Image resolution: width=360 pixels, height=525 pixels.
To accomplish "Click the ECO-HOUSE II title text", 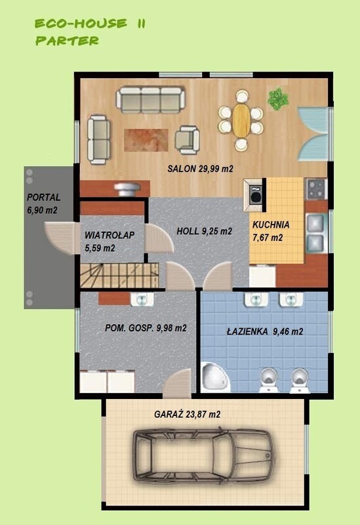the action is click(90, 24).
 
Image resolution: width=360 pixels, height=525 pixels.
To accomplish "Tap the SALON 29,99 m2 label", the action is click(200, 169).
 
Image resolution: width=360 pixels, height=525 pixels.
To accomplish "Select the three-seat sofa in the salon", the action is click(151, 100).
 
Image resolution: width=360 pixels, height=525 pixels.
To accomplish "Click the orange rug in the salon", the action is click(146, 140).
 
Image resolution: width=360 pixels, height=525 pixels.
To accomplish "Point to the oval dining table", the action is click(241, 120).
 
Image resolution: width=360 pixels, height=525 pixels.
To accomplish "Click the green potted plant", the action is click(277, 99).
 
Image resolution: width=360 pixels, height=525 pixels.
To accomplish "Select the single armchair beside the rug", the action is click(188, 140).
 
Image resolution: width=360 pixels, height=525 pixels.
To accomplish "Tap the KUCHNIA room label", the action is click(271, 224).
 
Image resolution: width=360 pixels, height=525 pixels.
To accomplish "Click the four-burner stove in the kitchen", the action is click(315, 189).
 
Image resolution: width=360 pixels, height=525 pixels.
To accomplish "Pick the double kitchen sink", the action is click(315, 233).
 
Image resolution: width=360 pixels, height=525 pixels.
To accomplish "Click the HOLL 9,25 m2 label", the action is click(204, 231).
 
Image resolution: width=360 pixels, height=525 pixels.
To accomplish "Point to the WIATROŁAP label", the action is click(109, 235).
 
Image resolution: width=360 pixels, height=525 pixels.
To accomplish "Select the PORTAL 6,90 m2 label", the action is click(43, 203).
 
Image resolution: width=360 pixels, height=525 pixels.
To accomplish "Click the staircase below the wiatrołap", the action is click(119, 275).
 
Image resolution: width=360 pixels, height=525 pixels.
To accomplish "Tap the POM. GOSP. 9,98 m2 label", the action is click(146, 328).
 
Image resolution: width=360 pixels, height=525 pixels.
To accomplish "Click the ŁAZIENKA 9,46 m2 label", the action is click(265, 331).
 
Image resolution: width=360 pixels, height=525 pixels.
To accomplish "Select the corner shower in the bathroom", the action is click(215, 377).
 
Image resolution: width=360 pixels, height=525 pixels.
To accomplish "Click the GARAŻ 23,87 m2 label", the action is click(187, 414).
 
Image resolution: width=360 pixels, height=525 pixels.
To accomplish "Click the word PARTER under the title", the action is click(68, 41).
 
